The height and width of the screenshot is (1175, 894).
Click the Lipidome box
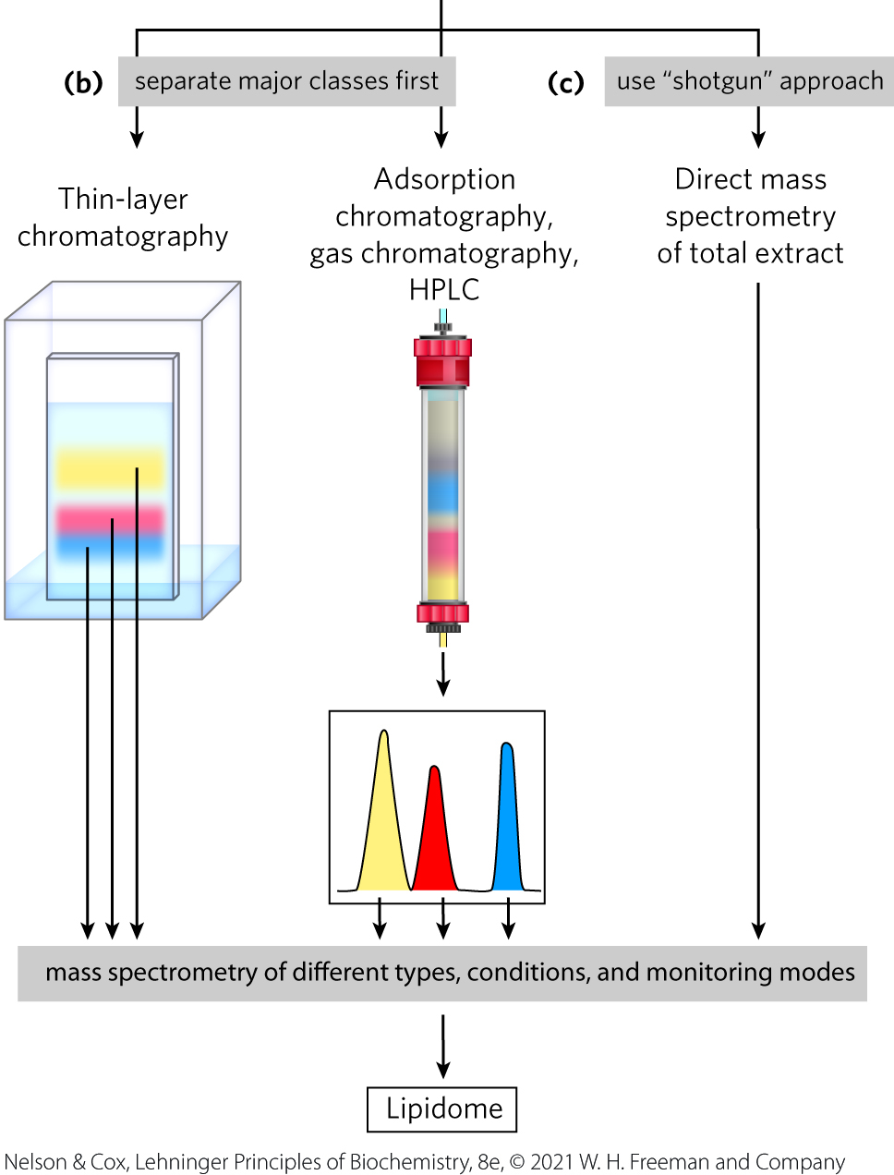pos(442,1109)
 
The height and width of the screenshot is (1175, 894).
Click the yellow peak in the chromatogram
pos(382,831)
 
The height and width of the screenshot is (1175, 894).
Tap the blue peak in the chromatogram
pos(506,831)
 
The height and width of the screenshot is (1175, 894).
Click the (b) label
pos(82,83)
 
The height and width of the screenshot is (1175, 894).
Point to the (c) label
pos(565,83)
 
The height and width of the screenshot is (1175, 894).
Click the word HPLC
pos(444,290)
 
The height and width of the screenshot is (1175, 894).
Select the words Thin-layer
pos(123,199)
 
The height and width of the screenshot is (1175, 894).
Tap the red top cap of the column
pos(442,361)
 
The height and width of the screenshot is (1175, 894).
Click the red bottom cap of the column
pos(442,613)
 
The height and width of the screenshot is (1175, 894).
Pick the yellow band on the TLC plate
pos(109,469)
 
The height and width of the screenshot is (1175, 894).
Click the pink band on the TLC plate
pos(109,518)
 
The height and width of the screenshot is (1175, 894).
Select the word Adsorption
pos(444,179)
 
